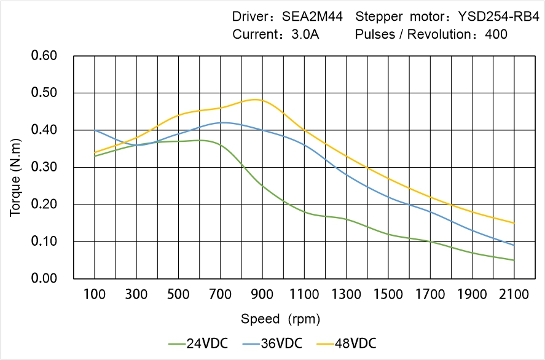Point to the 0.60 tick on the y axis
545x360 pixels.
pos(44,56)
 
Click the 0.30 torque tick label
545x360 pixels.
pos(44,167)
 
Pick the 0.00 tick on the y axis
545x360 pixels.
pos(44,278)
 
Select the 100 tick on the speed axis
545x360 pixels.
pos(95,294)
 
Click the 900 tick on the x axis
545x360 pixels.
pos(262,294)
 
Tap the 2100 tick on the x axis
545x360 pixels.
pos(514,294)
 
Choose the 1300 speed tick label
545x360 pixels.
pos(347,294)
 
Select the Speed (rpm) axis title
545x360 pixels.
pos(280,319)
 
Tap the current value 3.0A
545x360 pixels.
pos(305,34)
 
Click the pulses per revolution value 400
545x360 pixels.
pos(496,34)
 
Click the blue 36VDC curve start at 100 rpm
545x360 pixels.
pos(95,130)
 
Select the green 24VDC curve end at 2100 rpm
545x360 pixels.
pos(514,260)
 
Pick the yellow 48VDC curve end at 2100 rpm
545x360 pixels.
pos(514,223)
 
